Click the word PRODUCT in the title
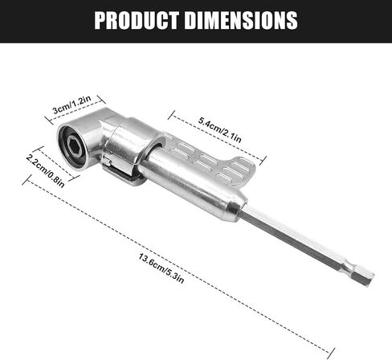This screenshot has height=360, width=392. click(137, 20)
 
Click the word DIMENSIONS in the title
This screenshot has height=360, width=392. click(241, 20)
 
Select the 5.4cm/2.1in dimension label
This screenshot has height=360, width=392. click(220, 129)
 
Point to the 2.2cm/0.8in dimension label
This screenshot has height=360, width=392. click(45, 171)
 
